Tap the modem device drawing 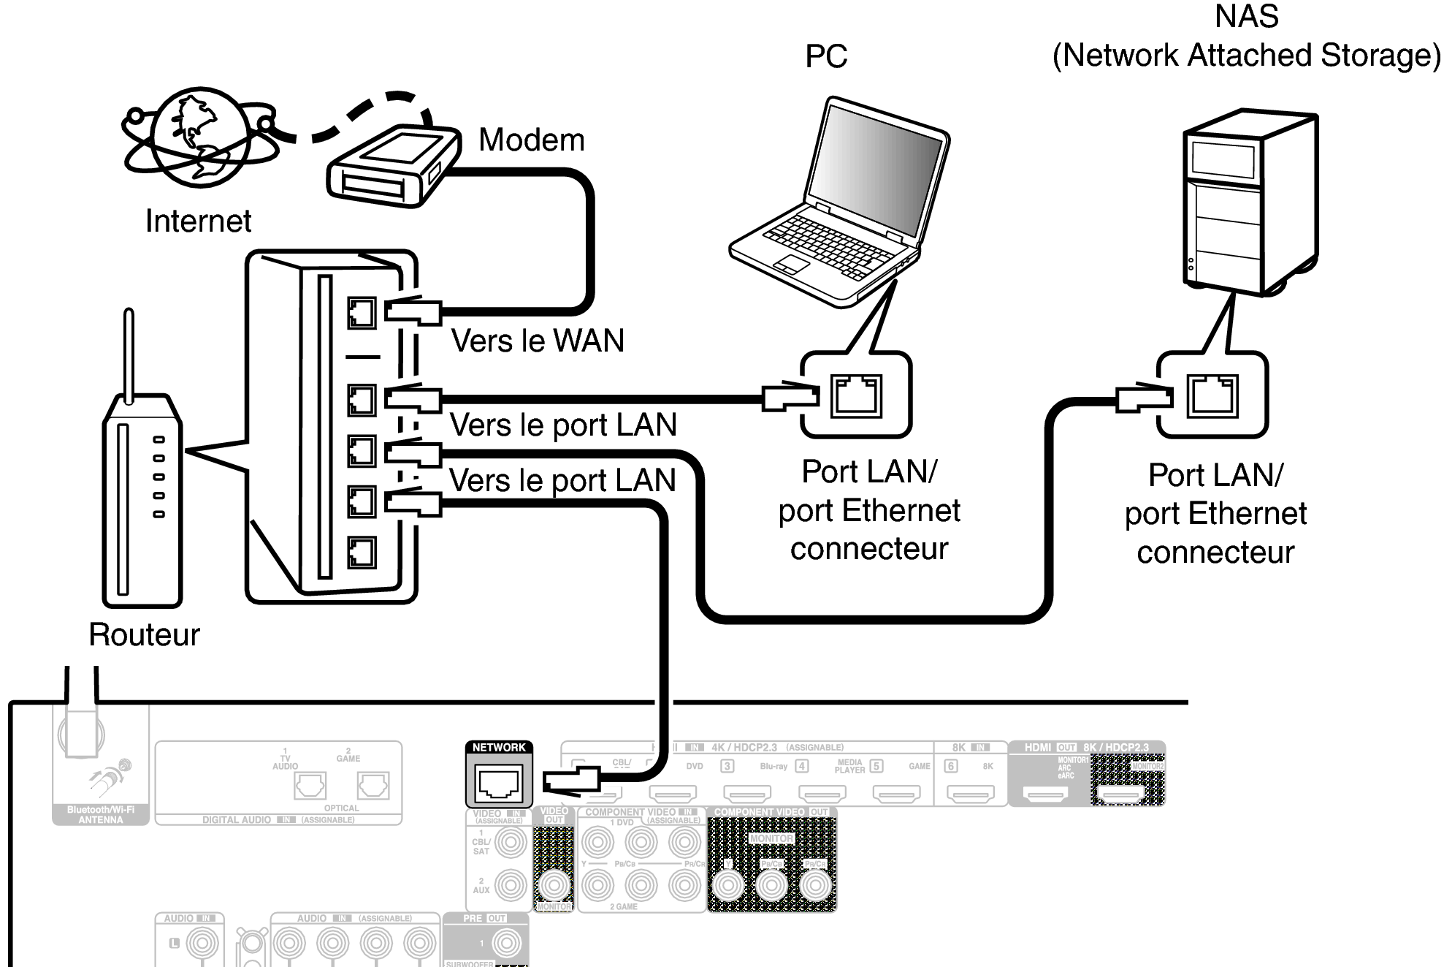click(x=392, y=167)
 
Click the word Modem click(x=531, y=140)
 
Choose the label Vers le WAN click(x=538, y=341)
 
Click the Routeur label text click(x=144, y=634)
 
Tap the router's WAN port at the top click(x=362, y=313)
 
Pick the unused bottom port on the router click(x=362, y=553)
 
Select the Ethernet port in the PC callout click(x=856, y=395)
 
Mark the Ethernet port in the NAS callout click(x=1212, y=395)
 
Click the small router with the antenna click(x=142, y=497)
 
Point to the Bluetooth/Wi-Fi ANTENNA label click(x=101, y=815)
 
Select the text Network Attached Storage click(x=1246, y=56)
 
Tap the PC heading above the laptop click(x=826, y=56)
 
